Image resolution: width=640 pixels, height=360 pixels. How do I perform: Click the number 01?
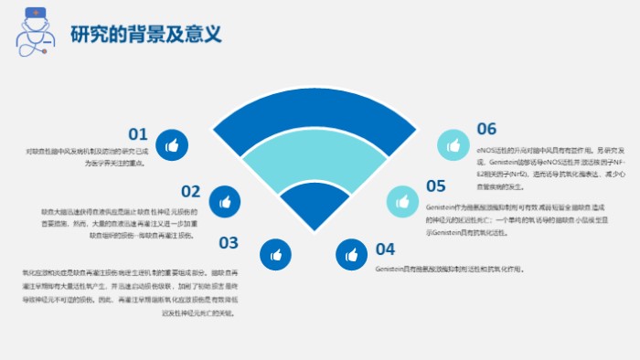[138, 134]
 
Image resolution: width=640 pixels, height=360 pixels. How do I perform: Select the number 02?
[190, 191]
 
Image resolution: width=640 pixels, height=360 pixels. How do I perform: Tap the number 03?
[229, 243]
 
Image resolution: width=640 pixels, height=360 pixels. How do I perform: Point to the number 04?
[385, 249]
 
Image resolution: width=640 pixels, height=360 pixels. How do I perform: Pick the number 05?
[435, 186]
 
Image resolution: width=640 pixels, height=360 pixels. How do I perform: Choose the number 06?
[486, 129]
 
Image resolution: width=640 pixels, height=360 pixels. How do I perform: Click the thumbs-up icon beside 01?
[172, 143]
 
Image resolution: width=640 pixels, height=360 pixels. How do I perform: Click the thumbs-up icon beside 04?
[350, 254]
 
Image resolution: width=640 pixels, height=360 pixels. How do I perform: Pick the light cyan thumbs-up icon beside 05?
[400, 201]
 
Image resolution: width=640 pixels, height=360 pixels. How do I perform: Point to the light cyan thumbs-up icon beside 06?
[453, 143]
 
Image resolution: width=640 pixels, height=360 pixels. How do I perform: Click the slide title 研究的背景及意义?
[146, 34]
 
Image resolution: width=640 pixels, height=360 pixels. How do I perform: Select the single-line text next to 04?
[449, 270]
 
